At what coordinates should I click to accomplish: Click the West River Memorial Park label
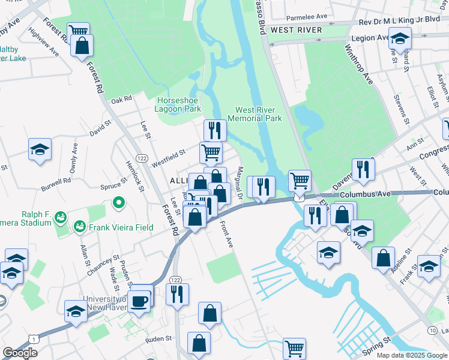pyautogui.click(x=258, y=114)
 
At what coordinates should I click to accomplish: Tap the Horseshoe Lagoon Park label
pyautogui.click(x=179, y=105)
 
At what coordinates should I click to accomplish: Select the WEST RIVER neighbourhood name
pyautogui.click(x=296, y=29)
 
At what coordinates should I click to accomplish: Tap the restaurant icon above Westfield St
pyautogui.click(x=214, y=130)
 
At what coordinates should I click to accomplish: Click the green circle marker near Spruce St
pyautogui.click(x=118, y=203)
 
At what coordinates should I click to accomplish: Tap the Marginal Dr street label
pyautogui.click(x=239, y=184)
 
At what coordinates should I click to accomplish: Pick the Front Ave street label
pyautogui.click(x=226, y=235)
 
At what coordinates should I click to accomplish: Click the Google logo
pyautogui.click(x=20, y=353)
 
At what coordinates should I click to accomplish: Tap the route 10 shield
pyautogui.click(x=432, y=330)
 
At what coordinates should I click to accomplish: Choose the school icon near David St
pyautogui.click(x=40, y=150)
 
